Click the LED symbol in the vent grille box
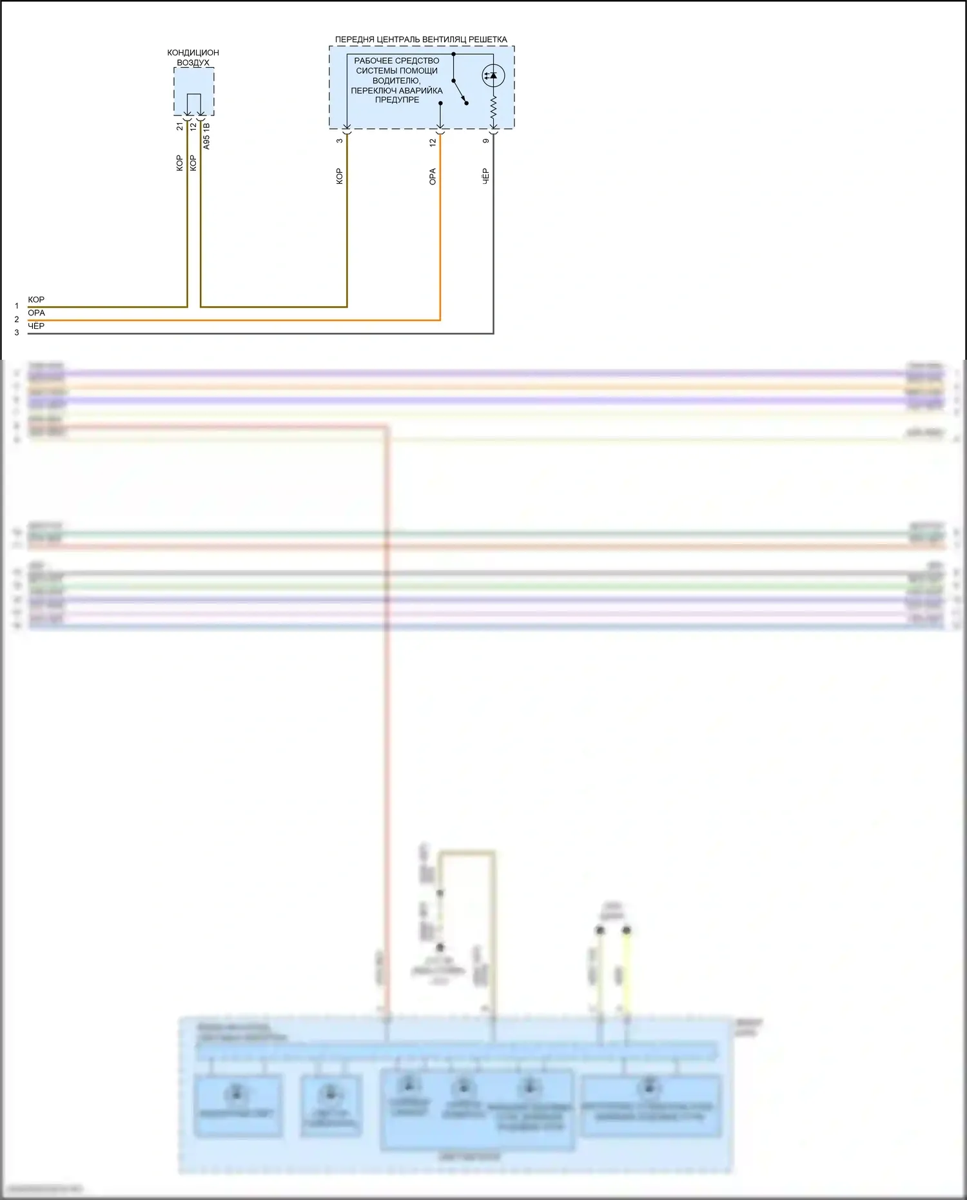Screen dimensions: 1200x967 (x=493, y=75)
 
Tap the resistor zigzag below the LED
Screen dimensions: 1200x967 (x=493, y=110)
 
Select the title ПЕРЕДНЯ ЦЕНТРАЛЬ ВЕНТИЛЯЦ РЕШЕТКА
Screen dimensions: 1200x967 (x=421, y=39)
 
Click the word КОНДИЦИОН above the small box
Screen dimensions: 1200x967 (x=193, y=52)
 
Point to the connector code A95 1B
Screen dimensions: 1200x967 (x=206, y=137)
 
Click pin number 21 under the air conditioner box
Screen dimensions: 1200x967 (x=180, y=126)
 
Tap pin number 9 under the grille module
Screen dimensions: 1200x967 (x=486, y=141)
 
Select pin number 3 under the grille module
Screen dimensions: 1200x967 (x=340, y=141)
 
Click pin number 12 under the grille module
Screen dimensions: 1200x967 (x=433, y=142)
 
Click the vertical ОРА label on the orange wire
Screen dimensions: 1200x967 (x=433, y=177)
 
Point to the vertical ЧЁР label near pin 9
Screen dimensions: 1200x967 (x=486, y=176)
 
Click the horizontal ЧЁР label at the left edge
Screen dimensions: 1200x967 (x=36, y=326)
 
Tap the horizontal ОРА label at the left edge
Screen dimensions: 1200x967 (x=36, y=313)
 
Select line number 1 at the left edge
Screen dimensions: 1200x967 (x=17, y=306)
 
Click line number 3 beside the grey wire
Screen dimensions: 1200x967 (x=17, y=333)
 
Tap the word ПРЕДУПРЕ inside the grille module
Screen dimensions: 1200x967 (x=397, y=100)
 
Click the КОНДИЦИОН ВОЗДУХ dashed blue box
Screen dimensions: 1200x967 (x=193, y=90)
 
